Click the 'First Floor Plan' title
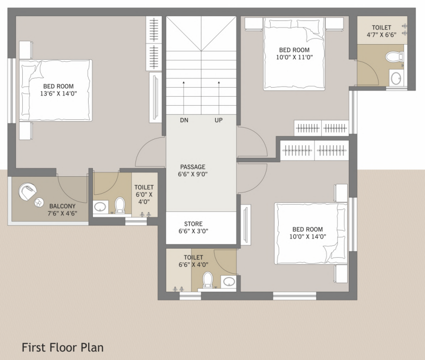[x=63, y=347]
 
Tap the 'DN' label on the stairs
[x=184, y=120]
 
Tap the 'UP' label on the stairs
[x=218, y=120]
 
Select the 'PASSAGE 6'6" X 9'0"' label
[x=193, y=170]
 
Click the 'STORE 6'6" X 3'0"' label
[x=193, y=227]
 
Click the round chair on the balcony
[x=27, y=192]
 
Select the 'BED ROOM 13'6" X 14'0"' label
[x=59, y=90]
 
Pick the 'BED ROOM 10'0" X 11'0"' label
[x=294, y=54]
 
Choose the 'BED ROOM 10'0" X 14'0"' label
[x=307, y=233]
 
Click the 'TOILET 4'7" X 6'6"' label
[x=381, y=31]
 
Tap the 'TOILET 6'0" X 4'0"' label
[x=144, y=194]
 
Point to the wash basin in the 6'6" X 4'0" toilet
[x=229, y=282]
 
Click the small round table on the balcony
[x=37, y=203]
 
